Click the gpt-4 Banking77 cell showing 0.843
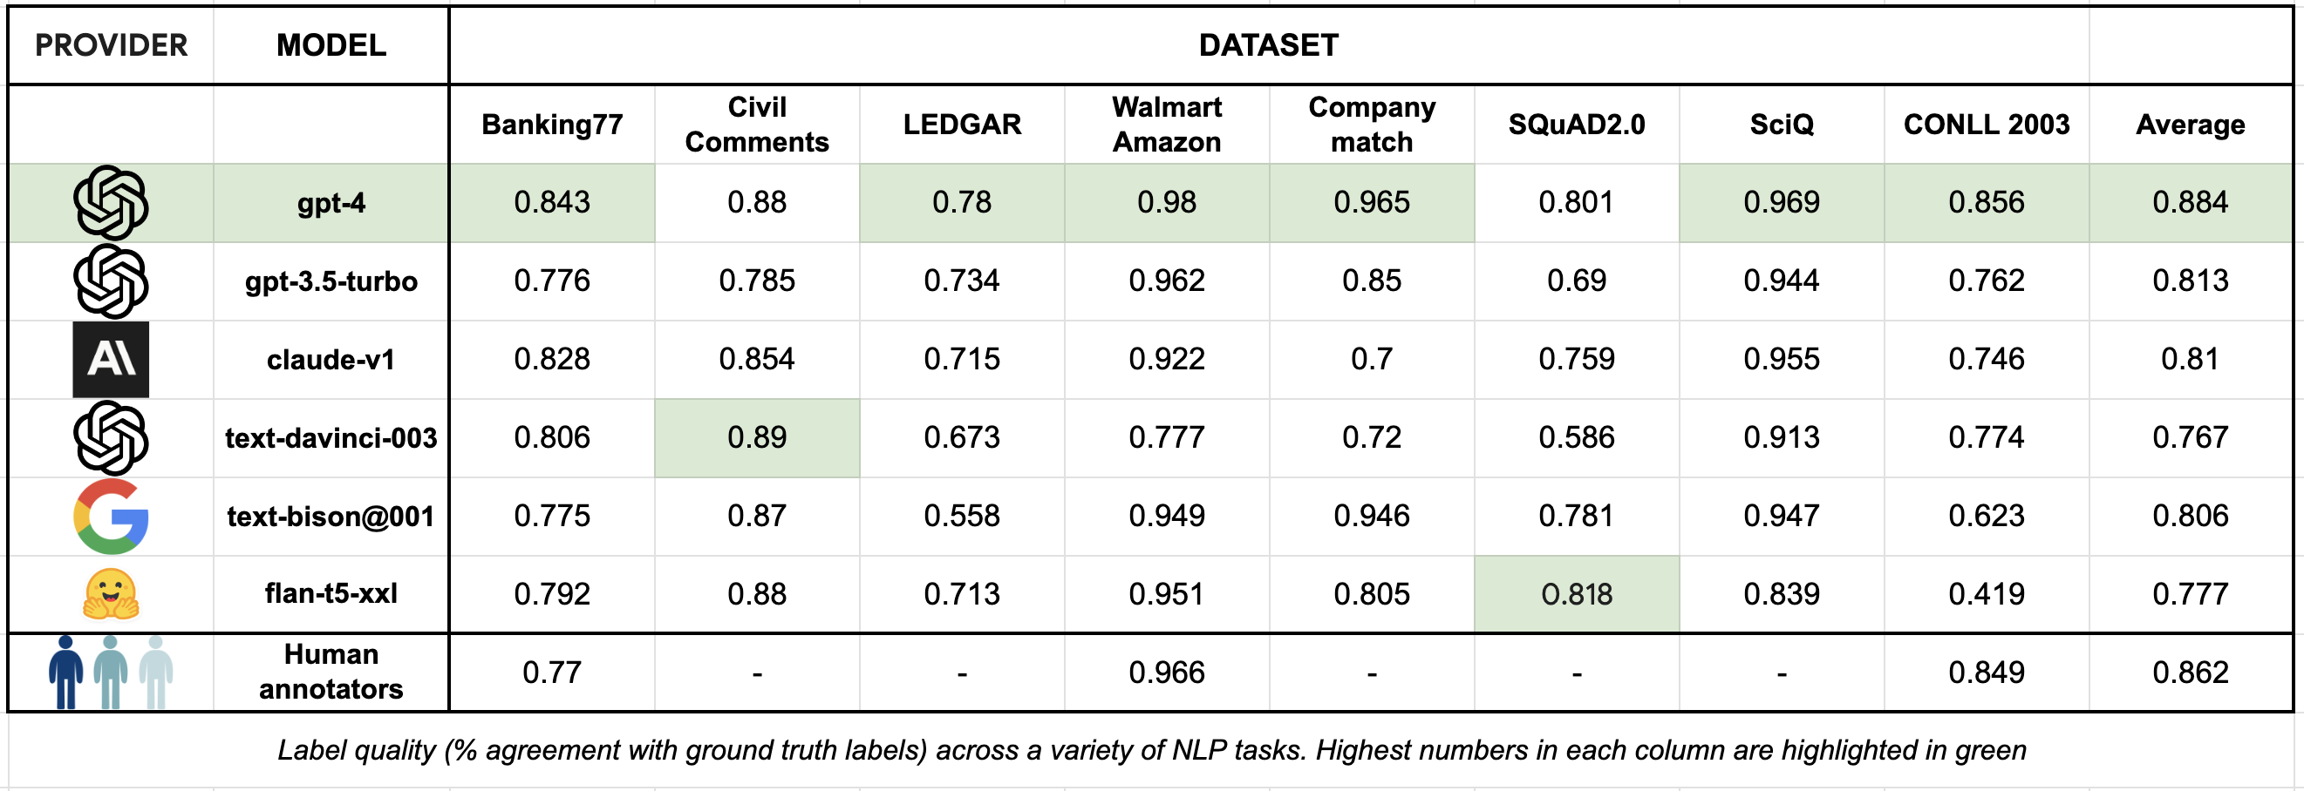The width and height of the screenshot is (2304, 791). pos(551,202)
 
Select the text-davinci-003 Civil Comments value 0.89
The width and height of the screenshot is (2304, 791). pos(756,437)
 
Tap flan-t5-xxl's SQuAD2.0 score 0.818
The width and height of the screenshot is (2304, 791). pos(1576,594)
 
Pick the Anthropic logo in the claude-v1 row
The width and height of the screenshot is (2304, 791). pos(111,359)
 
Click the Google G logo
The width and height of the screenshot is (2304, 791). pos(111,516)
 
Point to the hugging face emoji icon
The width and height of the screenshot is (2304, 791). pos(111,594)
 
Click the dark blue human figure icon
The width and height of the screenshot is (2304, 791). pos(65,673)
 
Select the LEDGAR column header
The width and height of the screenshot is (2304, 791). pos(962,125)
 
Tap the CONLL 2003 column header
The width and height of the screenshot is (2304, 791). pos(1986,125)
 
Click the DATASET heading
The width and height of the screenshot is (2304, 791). pos(1267,44)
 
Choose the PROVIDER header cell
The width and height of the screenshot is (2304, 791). pos(111,44)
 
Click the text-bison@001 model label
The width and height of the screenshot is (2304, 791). pos(330,516)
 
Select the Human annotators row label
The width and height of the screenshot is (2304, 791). pos(330,672)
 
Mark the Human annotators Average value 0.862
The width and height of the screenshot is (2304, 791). pos(2190,673)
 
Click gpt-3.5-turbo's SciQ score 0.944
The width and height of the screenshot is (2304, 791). pos(1781,281)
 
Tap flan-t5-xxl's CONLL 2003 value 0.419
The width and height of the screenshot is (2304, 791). pos(1986,594)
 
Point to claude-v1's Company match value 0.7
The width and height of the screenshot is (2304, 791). pos(1371,359)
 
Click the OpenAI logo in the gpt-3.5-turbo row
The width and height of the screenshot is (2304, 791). pos(111,281)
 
